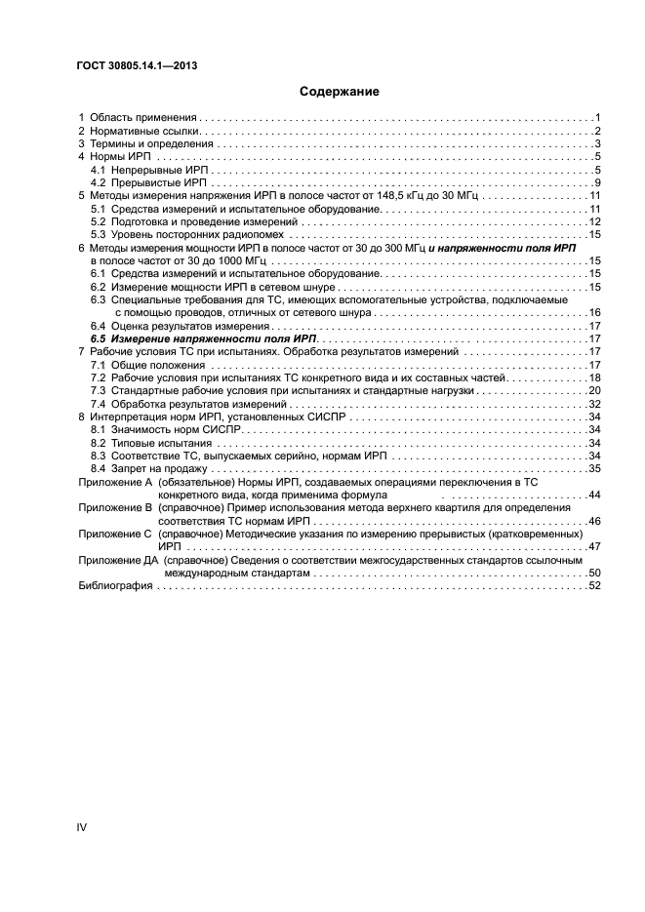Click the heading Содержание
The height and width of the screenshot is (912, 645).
coord(339,92)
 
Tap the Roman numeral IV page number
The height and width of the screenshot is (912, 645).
coord(83,827)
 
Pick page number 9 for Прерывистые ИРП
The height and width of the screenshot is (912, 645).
coord(596,182)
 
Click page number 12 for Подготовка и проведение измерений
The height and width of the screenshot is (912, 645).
coord(593,221)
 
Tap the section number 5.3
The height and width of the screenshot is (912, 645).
coord(99,235)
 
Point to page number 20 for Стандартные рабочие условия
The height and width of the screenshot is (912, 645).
coord(593,390)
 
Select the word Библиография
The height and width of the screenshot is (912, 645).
coord(113,586)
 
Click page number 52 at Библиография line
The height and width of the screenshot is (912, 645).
coord(593,586)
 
